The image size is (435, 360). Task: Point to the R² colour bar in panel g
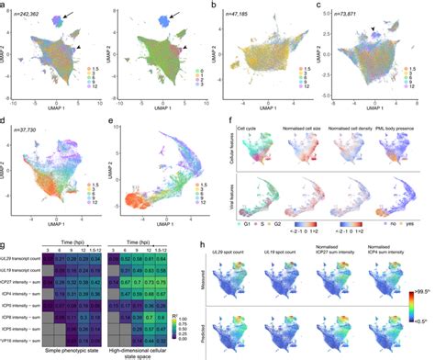[176, 314]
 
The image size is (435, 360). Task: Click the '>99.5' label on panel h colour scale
[423, 294]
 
